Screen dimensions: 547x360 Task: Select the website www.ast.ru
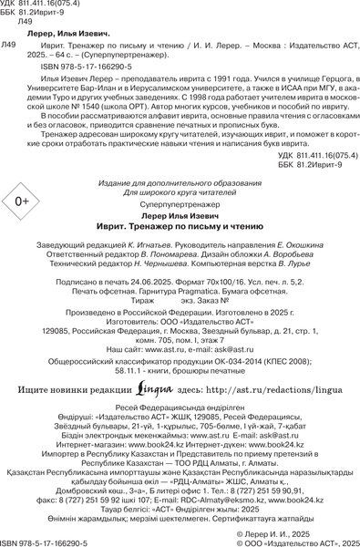pyautogui.click(x=162, y=348)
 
